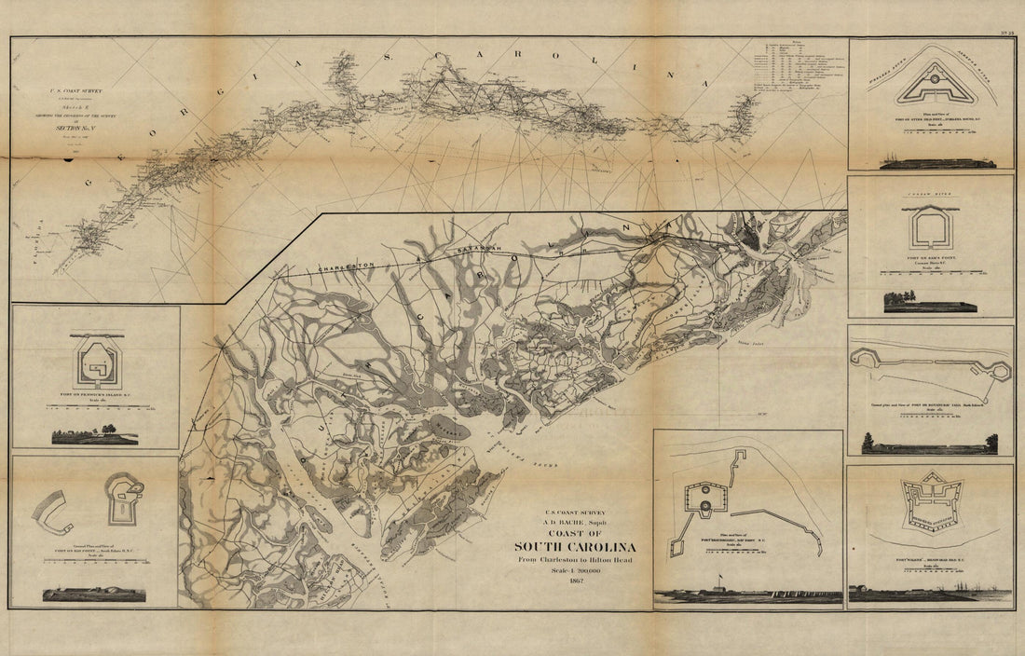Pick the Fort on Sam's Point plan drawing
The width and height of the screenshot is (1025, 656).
click(930, 228)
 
